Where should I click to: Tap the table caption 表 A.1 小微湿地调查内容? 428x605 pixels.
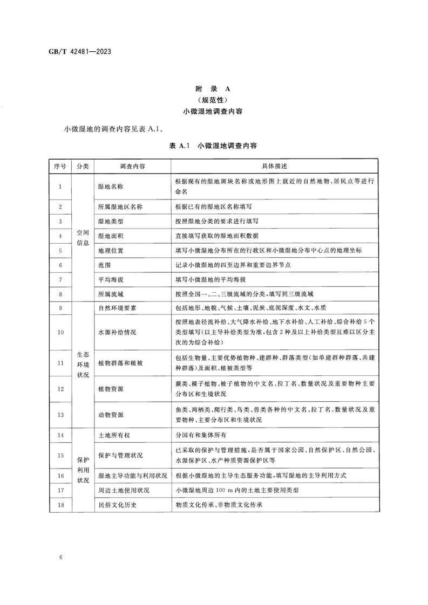(x=214, y=146)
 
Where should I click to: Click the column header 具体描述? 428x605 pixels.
(x=274, y=166)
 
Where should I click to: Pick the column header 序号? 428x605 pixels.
(x=60, y=166)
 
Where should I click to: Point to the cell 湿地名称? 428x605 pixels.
(x=111, y=187)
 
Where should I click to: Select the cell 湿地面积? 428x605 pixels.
(x=111, y=236)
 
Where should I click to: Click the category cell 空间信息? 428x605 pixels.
(x=83, y=236)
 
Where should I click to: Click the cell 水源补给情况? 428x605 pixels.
(x=117, y=332)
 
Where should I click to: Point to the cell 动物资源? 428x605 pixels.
(x=111, y=415)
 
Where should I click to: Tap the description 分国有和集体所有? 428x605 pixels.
(x=200, y=435)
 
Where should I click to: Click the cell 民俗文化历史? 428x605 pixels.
(x=117, y=505)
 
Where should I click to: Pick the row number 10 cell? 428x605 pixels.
(x=60, y=332)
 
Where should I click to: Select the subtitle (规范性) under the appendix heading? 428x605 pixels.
(x=214, y=100)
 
